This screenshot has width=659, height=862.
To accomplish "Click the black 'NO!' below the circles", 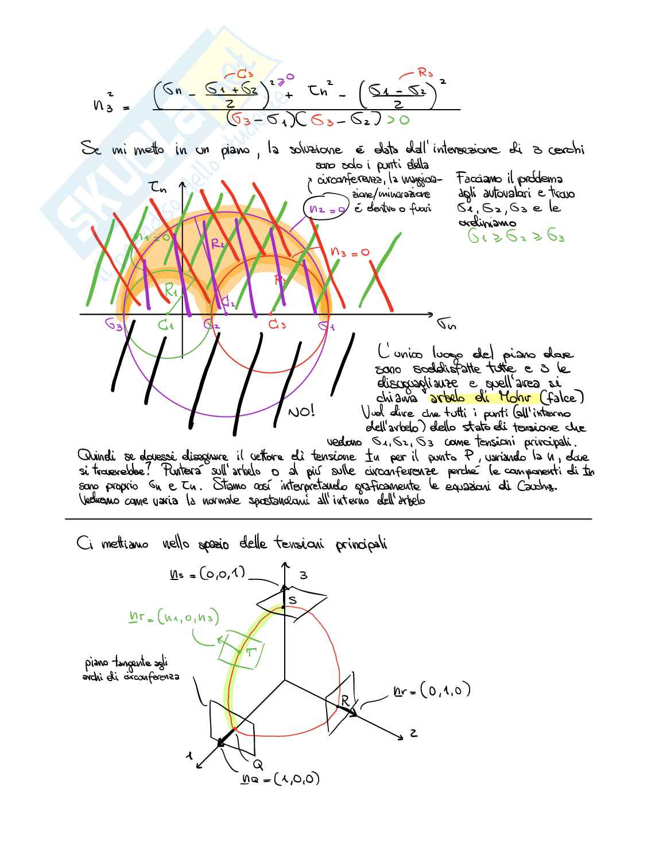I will (301, 411).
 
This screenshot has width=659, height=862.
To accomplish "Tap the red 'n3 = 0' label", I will (350, 252).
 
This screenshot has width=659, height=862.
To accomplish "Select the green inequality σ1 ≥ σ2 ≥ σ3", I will (516, 236).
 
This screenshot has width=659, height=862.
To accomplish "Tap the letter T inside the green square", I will (251, 652).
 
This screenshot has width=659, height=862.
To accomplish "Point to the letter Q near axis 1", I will (258, 764).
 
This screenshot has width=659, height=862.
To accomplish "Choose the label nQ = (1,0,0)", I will (280, 779).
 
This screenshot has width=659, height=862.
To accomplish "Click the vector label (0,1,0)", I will (445, 690).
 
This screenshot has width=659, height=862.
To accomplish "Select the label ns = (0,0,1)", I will (208, 573).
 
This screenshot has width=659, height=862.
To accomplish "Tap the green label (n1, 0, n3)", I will (175, 618).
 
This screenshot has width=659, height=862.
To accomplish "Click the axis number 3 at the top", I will (304, 575).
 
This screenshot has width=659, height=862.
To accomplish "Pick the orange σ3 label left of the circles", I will (114, 324).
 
